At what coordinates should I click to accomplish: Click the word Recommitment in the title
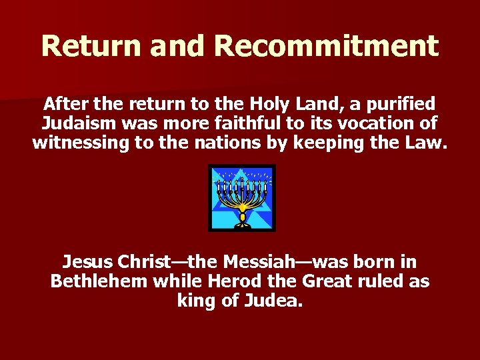327,45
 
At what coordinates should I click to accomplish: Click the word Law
427,143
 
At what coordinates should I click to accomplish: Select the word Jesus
87,261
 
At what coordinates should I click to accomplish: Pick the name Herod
219,281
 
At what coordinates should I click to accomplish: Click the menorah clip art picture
241,197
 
